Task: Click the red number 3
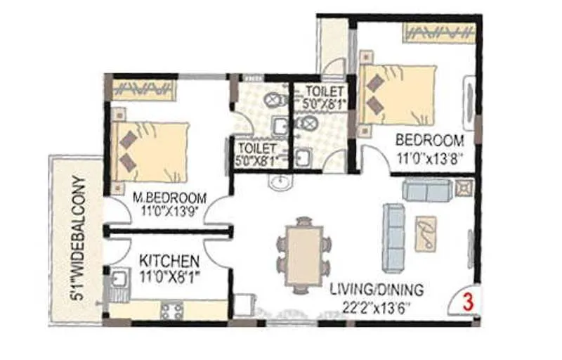click(x=465, y=302)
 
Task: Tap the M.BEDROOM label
click(x=169, y=198)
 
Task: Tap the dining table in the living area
click(x=304, y=255)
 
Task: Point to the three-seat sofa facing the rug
click(x=395, y=236)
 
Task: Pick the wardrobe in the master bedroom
click(x=144, y=88)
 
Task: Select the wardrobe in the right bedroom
click(x=438, y=32)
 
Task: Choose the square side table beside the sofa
click(x=464, y=188)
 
